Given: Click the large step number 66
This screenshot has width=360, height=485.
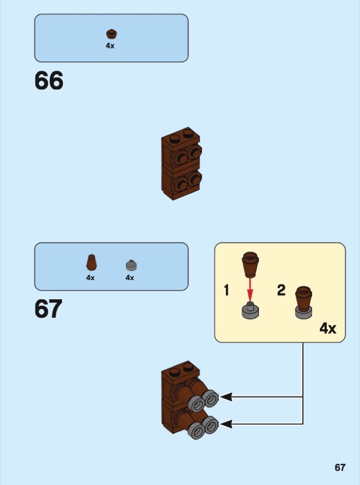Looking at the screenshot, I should pyautogui.click(x=49, y=81).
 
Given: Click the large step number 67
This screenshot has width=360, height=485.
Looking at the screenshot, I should pyautogui.click(x=49, y=309).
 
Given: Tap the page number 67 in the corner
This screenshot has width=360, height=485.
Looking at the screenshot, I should pyautogui.click(x=340, y=467).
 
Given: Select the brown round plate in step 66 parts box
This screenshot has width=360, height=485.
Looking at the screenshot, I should pyautogui.click(x=111, y=34).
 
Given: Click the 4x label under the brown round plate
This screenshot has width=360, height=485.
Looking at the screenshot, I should pyautogui.click(x=110, y=46).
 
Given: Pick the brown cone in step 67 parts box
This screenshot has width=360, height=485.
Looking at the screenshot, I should pyautogui.click(x=91, y=263).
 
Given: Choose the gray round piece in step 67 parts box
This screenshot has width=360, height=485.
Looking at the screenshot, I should pyautogui.click(x=131, y=265).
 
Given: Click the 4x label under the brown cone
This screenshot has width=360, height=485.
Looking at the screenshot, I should pyautogui.click(x=90, y=278).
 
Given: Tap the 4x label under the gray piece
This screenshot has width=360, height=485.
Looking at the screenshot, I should pyautogui.click(x=130, y=278).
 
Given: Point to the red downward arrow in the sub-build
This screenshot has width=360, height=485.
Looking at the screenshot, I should pyautogui.click(x=250, y=289).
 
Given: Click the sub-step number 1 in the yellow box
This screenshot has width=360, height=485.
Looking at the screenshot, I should pyautogui.click(x=226, y=291).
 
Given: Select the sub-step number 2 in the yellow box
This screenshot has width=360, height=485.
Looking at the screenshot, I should pyautogui.click(x=281, y=291).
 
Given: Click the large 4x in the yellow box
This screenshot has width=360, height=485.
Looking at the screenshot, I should pyautogui.click(x=328, y=328).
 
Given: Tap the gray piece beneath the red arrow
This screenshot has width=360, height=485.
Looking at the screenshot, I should pyautogui.click(x=250, y=310).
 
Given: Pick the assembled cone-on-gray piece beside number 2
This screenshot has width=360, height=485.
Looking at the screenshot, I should pyautogui.click(x=304, y=303).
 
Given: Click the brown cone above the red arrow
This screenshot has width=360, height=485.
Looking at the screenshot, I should pyautogui.click(x=250, y=264).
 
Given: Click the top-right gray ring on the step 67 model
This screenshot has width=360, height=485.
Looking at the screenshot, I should pyautogui.click(x=211, y=398).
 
